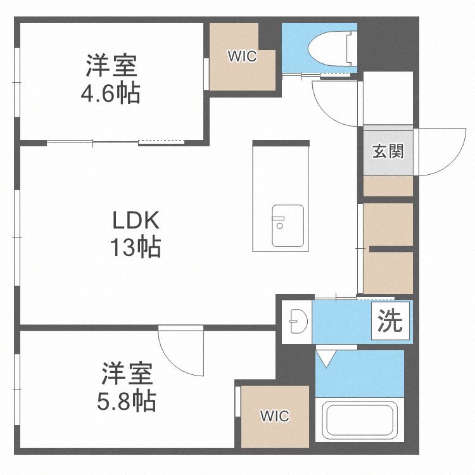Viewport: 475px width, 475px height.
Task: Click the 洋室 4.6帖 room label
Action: pos(110,79)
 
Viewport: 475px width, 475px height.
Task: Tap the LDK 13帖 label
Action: pos(136,234)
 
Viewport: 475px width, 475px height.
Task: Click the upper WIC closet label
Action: pos(242,56)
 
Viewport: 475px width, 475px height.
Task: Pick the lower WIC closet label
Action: pos(275,416)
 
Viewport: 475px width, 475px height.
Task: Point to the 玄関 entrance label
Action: pos(388,151)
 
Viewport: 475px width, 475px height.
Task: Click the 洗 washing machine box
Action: pos(390,322)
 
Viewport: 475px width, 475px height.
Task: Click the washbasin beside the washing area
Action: pos(296,322)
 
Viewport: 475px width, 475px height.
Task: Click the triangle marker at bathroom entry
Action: pos(326,359)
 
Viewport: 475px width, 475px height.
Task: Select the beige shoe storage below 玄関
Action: pos(388,186)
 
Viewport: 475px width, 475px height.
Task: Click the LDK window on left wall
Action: pos(17,237)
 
